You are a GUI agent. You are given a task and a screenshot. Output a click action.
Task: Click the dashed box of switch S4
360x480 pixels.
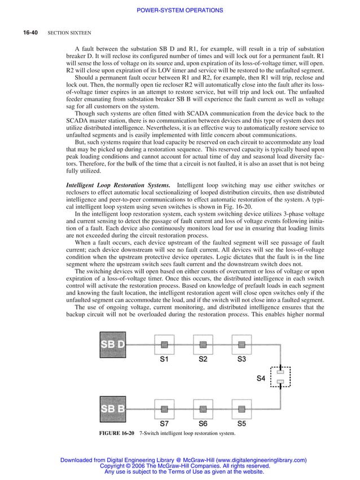(x=280, y=378)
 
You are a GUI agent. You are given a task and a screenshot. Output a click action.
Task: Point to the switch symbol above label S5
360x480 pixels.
(x=242, y=408)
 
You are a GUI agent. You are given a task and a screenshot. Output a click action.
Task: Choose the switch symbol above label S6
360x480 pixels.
(x=203, y=408)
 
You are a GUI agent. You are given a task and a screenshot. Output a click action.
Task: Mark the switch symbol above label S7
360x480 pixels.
(x=165, y=408)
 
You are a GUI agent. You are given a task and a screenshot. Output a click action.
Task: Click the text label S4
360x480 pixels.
(x=261, y=378)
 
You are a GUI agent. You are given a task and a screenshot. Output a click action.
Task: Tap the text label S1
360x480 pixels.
(x=165, y=359)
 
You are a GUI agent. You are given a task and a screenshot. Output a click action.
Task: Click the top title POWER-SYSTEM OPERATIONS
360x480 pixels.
(x=180, y=10)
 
